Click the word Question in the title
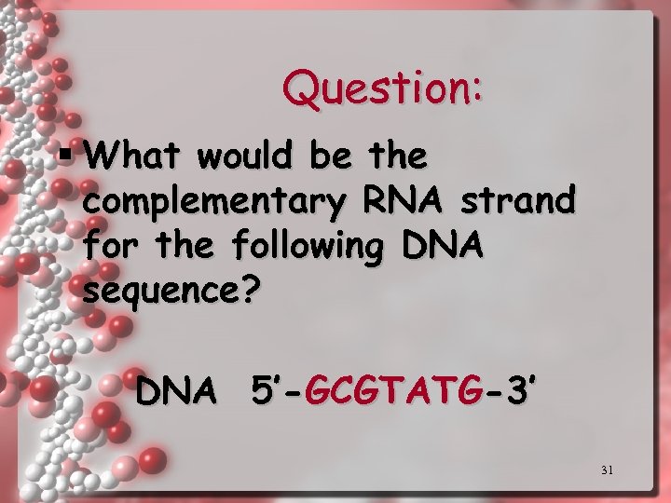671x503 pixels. click(x=376, y=89)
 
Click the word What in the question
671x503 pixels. click(x=124, y=156)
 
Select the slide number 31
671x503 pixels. click(x=607, y=470)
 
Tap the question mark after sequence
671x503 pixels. click(x=245, y=290)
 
